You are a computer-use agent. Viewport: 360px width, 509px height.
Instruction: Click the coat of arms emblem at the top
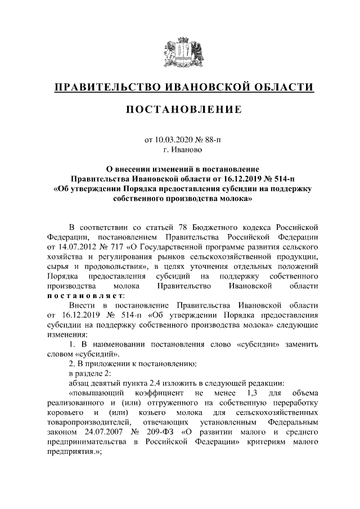tap(180, 51)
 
